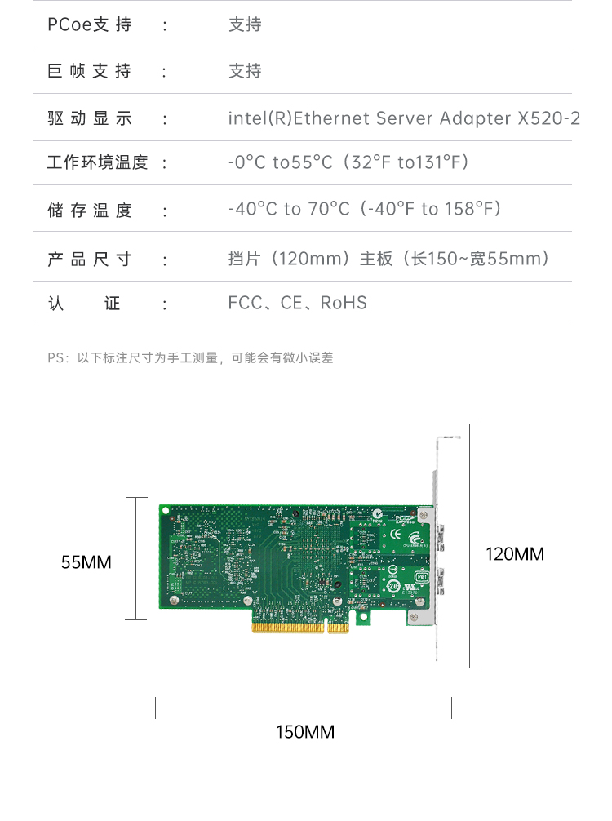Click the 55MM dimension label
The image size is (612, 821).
86,562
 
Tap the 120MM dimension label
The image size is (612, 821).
514,554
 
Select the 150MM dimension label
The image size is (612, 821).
304,731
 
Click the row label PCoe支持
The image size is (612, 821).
89,24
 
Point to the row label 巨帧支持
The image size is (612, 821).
89,72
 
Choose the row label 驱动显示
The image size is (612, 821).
89,118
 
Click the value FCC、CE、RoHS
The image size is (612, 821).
298,304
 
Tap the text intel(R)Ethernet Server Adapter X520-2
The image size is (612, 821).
404,118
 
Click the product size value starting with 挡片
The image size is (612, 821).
388,260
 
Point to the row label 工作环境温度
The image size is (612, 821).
97,162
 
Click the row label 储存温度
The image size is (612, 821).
89,211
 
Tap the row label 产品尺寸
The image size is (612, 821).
89,260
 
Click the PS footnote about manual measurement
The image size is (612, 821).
190,357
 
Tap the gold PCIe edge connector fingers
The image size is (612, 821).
299,628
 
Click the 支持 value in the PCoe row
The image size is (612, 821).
245,24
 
